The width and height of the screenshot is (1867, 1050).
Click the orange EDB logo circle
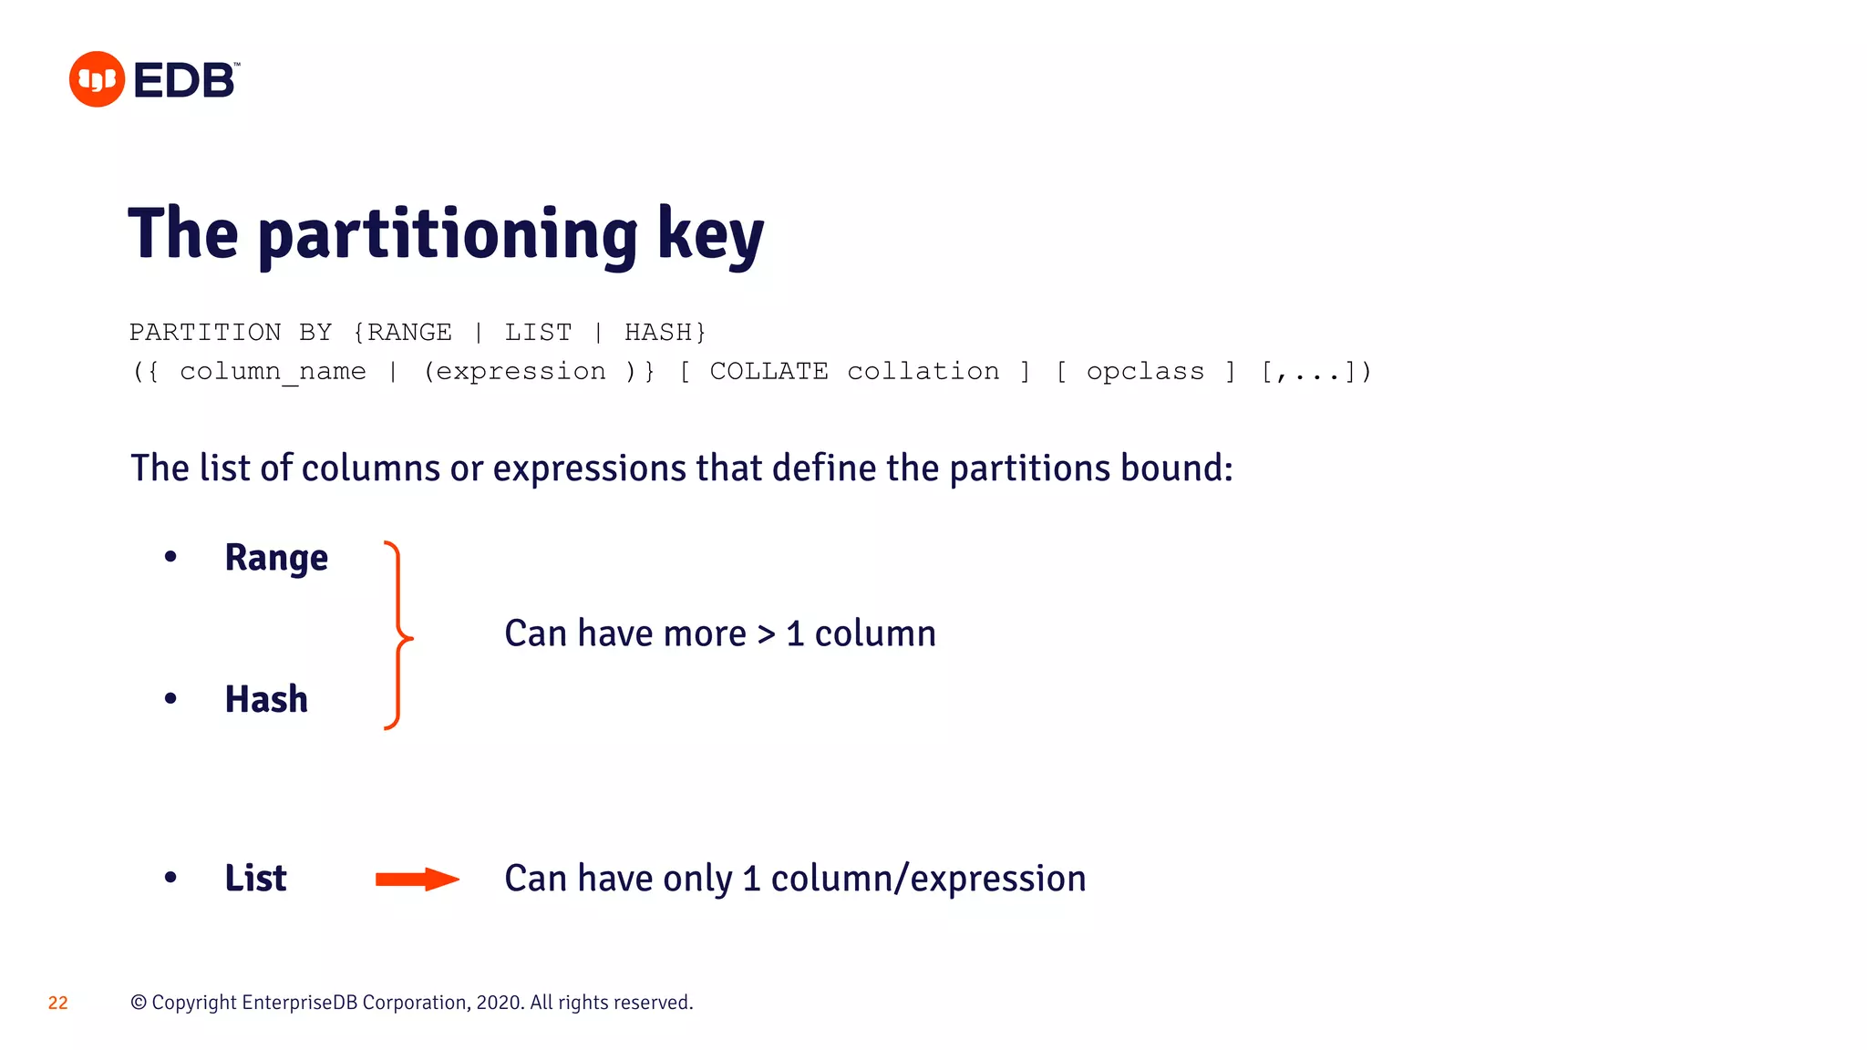pyautogui.click(x=97, y=79)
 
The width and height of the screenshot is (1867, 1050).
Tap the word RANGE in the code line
pyautogui.click(x=409, y=333)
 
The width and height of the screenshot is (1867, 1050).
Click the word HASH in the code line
pyautogui.click(x=659, y=333)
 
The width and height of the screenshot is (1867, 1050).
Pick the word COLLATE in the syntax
pyautogui.click(x=768, y=372)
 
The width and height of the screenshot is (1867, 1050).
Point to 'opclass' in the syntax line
pyautogui.click(x=1145, y=372)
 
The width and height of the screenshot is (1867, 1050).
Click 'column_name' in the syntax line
pyautogui.click(x=273, y=372)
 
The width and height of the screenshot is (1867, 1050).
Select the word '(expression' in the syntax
pyautogui.click(x=515, y=372)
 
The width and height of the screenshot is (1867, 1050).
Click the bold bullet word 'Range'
pyautogui.click(x=276, y=558)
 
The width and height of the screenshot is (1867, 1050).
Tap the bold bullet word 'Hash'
pyautogui.click(x=266, y=699)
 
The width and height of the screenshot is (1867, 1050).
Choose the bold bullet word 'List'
pyautogui.click(x=255, y=878)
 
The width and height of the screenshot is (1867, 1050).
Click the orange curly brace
pyautogui.click(x=397, y=635)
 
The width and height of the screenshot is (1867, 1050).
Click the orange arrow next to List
pyautogui.click(x=417, y=879)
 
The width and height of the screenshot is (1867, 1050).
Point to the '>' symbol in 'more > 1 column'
pyautogui.click(x=766, y=634)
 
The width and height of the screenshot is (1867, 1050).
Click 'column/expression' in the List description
pyautogui.click(x=928, y=879)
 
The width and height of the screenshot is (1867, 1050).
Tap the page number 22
pyautogui.click(x=57, y=1003)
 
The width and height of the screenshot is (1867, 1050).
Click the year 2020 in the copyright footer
pyautogui.click(x=498, y=1003)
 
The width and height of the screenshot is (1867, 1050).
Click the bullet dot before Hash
pyautogui.click(x=170, y=699)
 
